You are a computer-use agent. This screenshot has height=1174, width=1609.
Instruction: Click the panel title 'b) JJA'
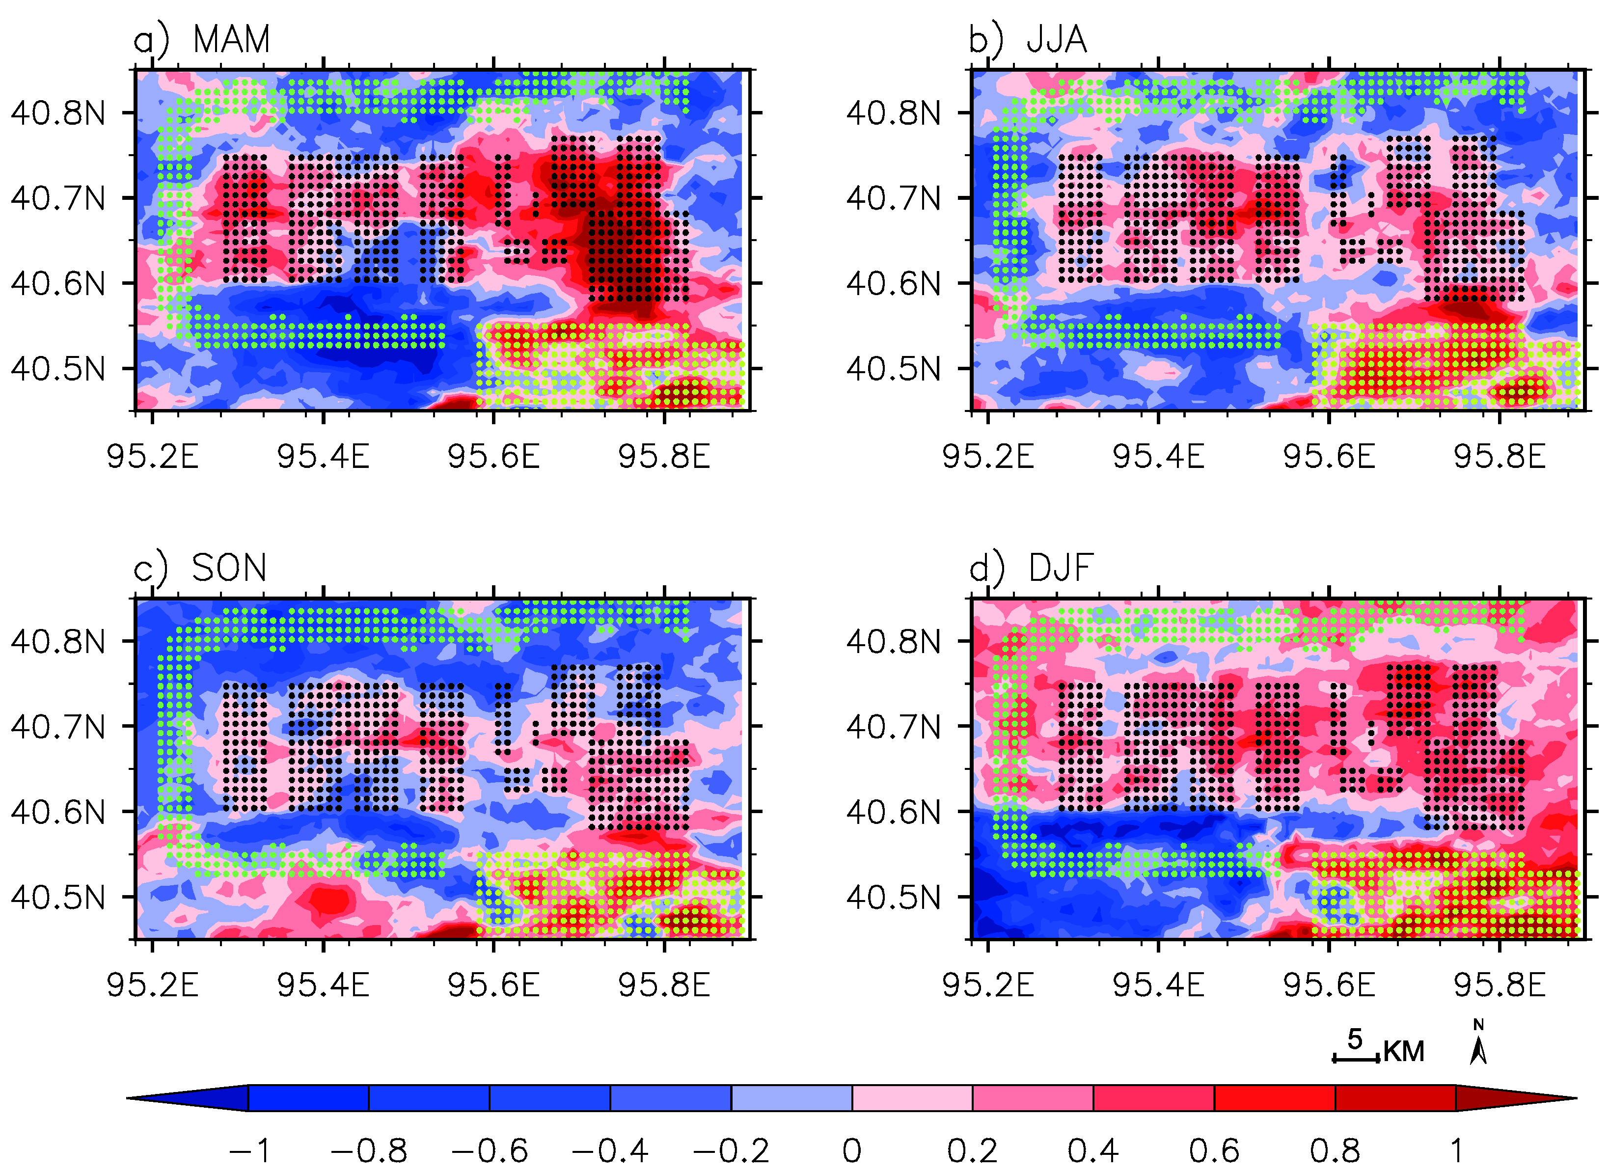(x=1028, y=39)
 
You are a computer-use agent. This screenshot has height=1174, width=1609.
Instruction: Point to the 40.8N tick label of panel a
(x=58, y=113)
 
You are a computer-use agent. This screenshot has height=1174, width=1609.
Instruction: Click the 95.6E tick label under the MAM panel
(x=493, y=456)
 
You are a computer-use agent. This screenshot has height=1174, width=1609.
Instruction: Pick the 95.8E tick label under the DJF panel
(x=1500, y=985)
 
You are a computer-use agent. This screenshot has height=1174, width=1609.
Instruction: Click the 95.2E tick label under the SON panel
(x=152, y=985)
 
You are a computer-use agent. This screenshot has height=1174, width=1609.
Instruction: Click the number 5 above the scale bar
(x=1355, y=1039)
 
